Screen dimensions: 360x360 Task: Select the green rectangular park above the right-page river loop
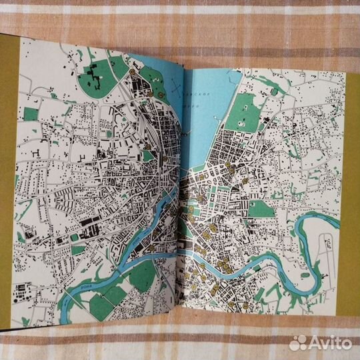point(260,208)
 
